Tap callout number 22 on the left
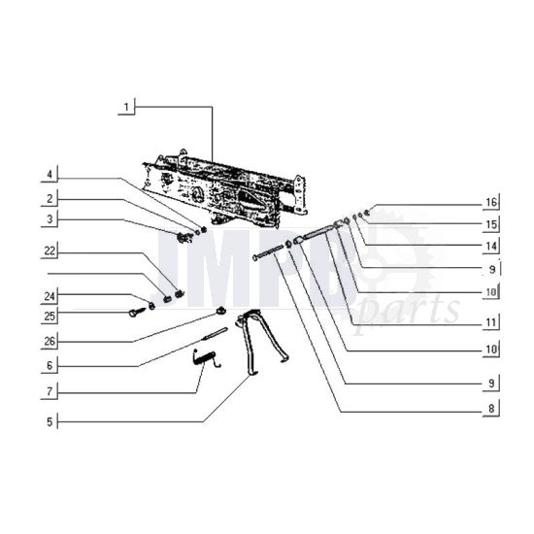click(49, 251)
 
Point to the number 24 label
click(49, 296)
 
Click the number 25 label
click(49, 317)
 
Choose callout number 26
click(49, 341)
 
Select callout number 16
click(491, 203)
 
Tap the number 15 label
click(491, 224)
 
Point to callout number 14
click(491, 247)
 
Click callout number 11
click(491, 319)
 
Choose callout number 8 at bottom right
click(491, 409)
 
